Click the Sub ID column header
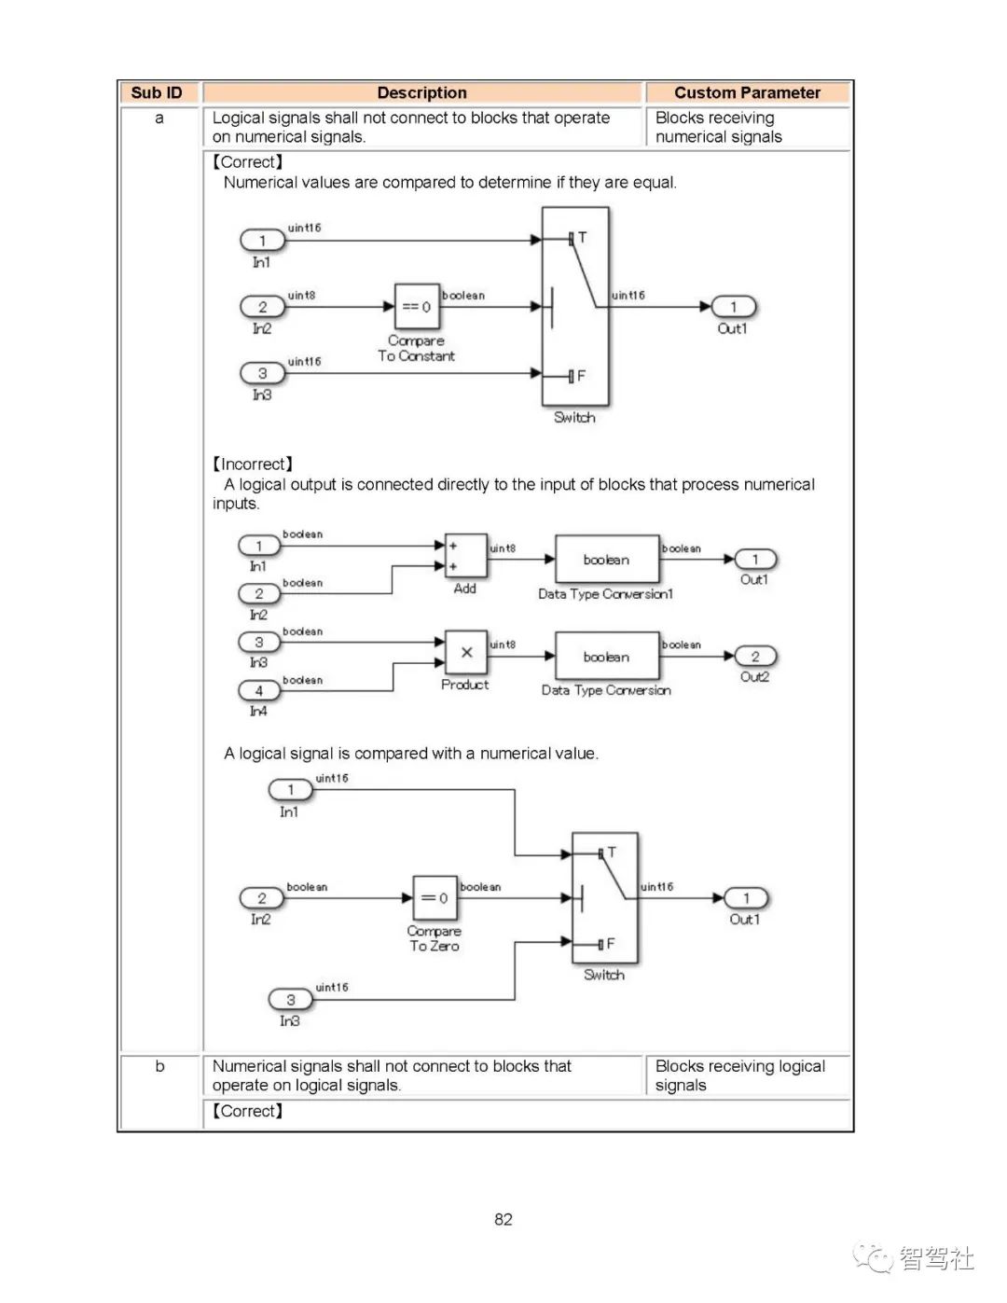[157, 92]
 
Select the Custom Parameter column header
[747, 92]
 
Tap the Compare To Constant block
[416, 307]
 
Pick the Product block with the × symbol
[465, 653]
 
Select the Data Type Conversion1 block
[606, 560]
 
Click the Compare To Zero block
[435, 898]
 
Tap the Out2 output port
[755, 657]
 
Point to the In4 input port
[259, 691]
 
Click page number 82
[504, 1219]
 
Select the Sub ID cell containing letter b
[159, 1066]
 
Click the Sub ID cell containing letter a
[159, 118]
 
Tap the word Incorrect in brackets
[253, 464]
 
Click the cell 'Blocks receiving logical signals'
[739, 1075]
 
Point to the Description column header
[421, 92]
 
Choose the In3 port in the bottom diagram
[291, 1000]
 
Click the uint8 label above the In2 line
[301, 296]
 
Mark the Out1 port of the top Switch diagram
[733, 307]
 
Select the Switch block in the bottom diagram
[605, 897]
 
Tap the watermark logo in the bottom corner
[914, 1258]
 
